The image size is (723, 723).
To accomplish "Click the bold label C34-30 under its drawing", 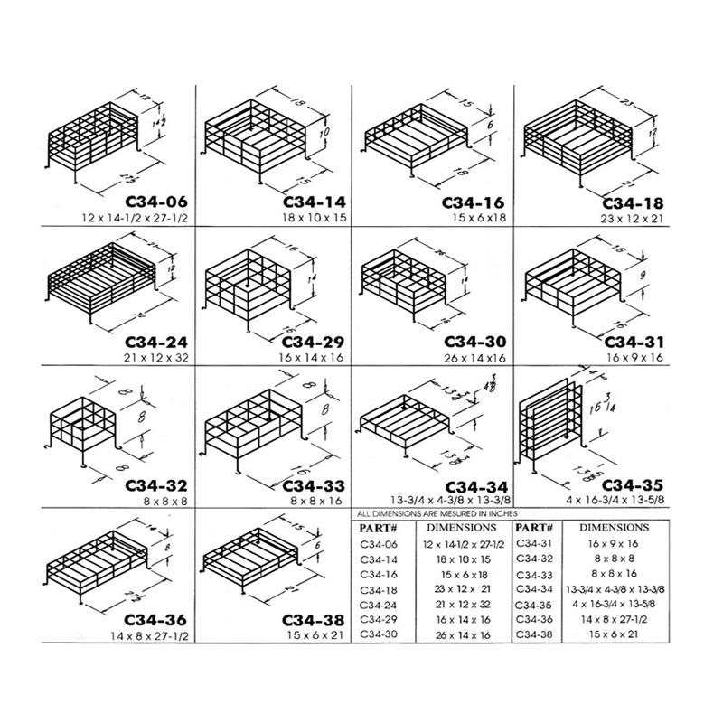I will (x=472, y=343).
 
